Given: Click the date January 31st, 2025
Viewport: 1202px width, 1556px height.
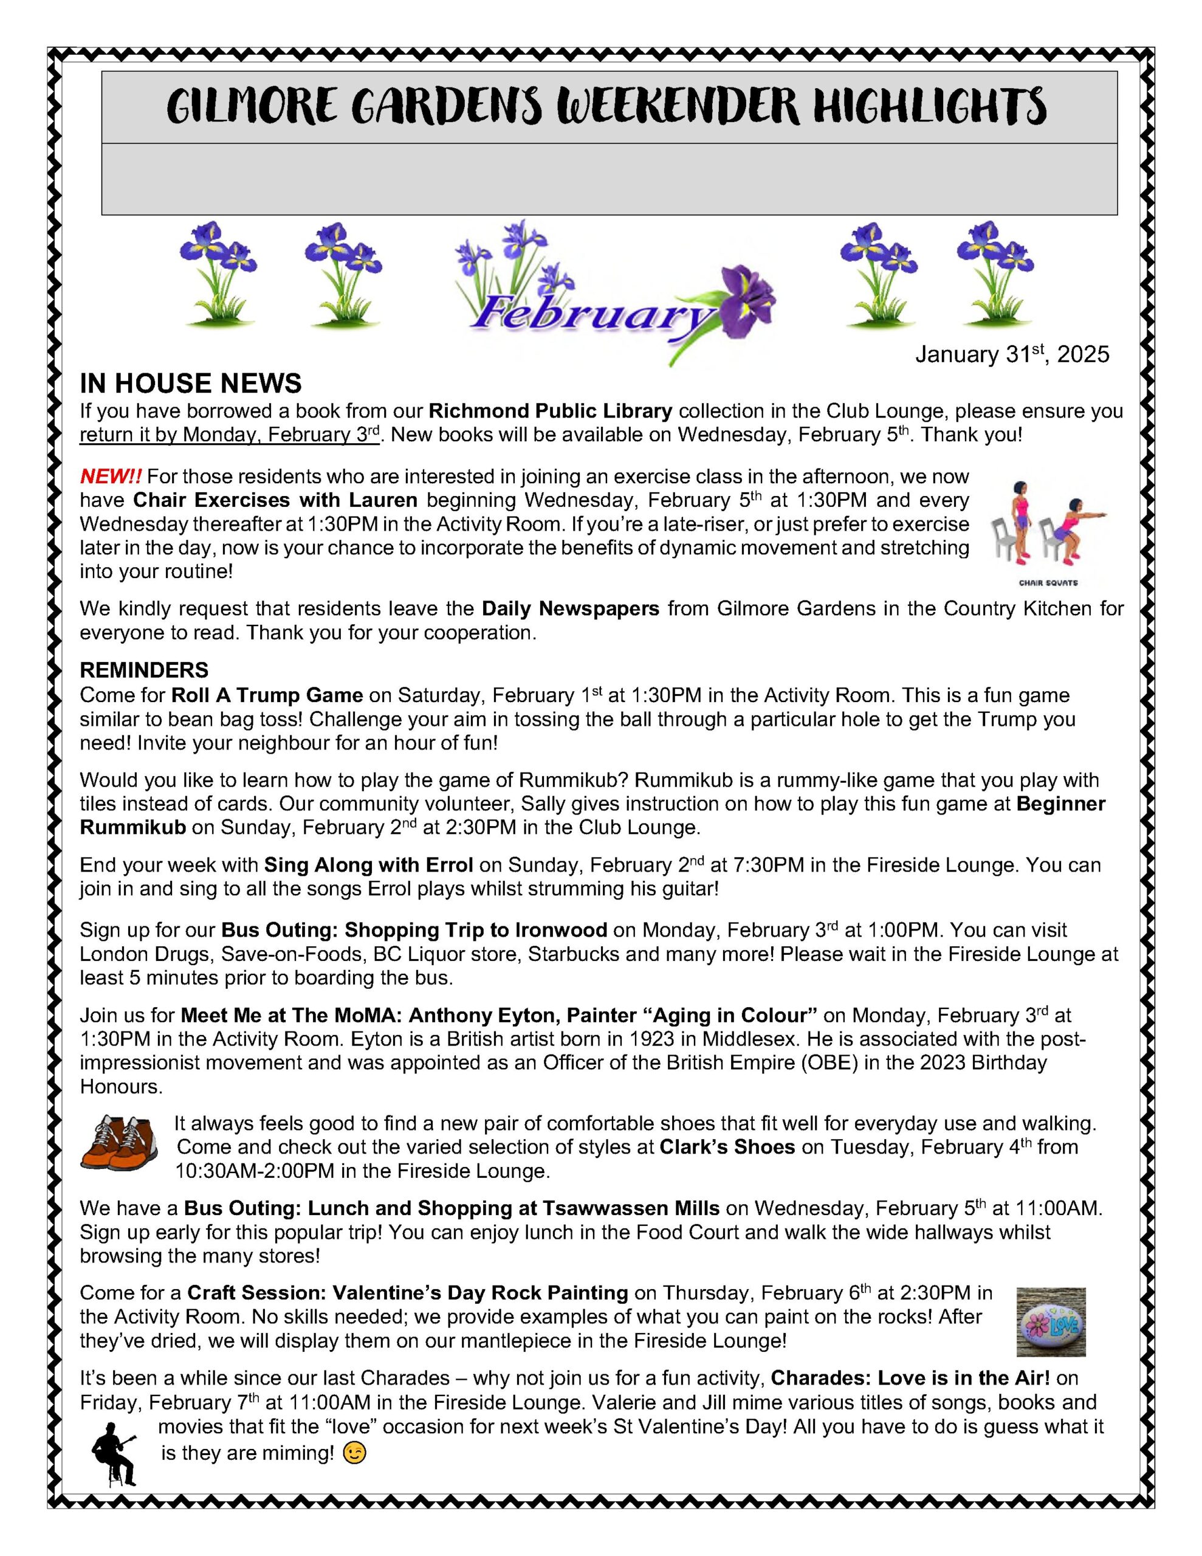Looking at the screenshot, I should [1012, 354].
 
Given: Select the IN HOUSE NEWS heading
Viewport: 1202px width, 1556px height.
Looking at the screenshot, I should [190, 384].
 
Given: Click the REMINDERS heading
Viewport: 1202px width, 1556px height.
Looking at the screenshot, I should [144, 670].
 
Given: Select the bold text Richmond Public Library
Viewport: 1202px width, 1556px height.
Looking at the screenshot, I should [550, 411].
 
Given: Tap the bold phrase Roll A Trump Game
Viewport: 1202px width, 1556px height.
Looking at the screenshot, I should [267, 695].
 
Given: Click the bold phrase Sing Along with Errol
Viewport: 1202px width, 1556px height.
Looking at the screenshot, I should [368, 865].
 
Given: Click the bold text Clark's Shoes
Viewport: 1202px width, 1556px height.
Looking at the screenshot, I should [727, 1147].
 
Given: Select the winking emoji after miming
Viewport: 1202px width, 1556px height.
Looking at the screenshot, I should [354, 1453].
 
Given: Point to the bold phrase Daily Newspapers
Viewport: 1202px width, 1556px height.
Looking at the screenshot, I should [571, 608].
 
